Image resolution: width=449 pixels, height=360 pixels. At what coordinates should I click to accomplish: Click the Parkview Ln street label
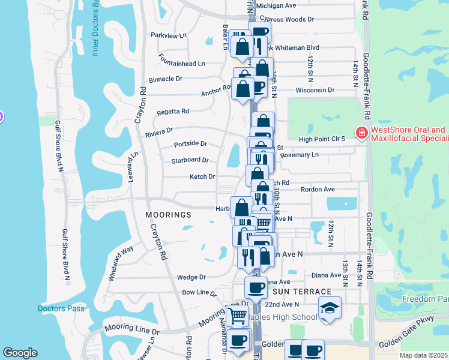coord(169,36)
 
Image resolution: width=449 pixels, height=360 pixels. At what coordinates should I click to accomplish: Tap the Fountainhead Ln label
coord(181,63)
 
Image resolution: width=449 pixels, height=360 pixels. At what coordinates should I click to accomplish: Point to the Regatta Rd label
coord(173,111)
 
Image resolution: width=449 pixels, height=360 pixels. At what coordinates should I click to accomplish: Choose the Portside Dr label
coord(190,144)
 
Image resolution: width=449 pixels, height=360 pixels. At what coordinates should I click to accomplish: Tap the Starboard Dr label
coord(190,160)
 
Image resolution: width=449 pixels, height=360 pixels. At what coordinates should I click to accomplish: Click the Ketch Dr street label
coord(202,176)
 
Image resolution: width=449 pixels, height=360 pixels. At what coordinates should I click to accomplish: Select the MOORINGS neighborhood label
coord(168,214)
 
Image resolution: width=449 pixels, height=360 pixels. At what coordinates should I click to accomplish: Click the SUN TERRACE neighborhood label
coord(294,291)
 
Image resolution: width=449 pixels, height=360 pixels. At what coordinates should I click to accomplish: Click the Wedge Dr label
coord(191,277)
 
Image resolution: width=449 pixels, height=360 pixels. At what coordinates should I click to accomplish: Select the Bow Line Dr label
coord(199,293)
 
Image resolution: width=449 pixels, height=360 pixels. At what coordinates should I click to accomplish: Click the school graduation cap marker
coord(329,308)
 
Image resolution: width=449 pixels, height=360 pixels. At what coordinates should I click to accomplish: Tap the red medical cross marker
coord(361,133)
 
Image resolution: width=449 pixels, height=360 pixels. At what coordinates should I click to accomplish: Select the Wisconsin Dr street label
coord(315,90)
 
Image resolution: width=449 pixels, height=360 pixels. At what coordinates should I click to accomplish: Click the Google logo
coord(20,353)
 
